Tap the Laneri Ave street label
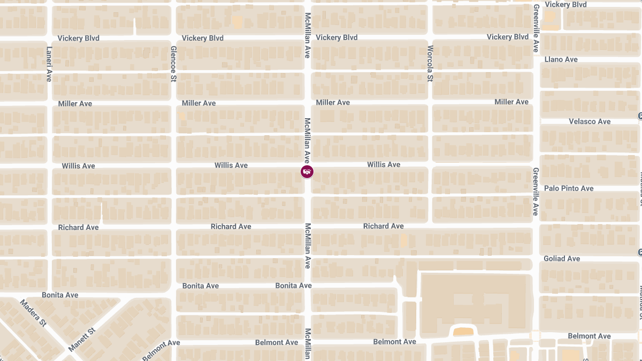click(49, 64)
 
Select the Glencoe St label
click(173, 64)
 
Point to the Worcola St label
click(430, 63)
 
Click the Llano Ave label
click(561, 59)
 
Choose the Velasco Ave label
click(589, 121)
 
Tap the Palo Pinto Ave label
click(569, 188)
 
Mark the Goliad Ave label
click(562, 258)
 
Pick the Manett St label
click(82, 339)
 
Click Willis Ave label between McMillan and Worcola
click(384, 165)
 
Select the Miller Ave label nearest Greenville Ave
click(511, 102)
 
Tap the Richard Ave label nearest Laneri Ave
click(78, 227)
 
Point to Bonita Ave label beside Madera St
click(60, 295)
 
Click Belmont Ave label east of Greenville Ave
click(589, 336)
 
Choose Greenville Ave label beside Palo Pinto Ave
click(536, 191)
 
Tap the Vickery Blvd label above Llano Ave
click(565, 5)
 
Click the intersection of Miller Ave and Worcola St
click(430, 102)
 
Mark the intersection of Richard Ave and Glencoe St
click(173, 227)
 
